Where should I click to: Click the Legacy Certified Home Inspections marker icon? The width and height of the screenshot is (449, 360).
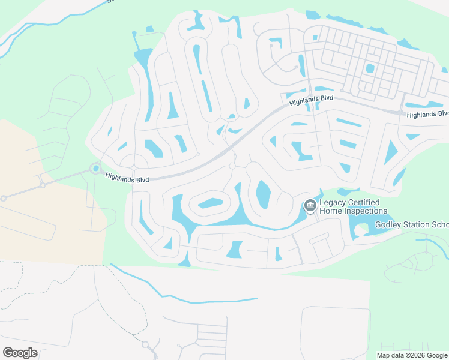310,206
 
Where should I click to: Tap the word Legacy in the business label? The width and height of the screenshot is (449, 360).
333,203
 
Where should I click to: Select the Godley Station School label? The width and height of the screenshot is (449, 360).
412,225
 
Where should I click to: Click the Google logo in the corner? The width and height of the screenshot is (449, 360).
20,352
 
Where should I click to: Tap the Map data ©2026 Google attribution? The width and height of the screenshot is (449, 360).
412,355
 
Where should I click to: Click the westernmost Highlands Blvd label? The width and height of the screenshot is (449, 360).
126,178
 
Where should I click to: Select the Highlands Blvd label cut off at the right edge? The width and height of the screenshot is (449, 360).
427,115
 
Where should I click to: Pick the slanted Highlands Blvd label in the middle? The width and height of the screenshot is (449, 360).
311,100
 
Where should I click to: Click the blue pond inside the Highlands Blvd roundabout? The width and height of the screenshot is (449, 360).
96,169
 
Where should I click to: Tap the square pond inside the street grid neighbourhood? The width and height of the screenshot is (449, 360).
370,68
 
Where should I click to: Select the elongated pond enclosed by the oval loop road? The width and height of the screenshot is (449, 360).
211,203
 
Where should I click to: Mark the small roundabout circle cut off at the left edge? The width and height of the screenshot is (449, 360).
3,198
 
